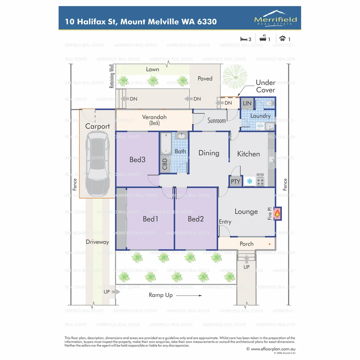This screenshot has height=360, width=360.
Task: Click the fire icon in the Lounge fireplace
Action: coord(277,213)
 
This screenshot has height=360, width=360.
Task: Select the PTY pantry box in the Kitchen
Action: coord(235,182)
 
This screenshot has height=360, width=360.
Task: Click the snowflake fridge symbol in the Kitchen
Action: coord(249,182)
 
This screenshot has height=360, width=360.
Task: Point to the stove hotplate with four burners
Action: coord(260,182)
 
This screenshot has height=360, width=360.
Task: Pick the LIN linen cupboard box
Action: coord(247,103)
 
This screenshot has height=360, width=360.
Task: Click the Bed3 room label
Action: coord(137,160)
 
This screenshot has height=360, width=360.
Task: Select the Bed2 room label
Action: coord(196,219)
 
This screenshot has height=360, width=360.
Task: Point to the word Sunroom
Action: coord(217,120)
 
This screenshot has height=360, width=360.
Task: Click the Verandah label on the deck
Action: coord(154,117)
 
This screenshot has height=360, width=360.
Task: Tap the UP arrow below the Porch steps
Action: coord(246,259)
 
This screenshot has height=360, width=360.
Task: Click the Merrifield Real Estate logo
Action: coord(275,18)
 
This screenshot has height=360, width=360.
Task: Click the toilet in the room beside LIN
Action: coord(269,104)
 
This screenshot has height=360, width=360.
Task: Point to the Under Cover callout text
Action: coord(265,86)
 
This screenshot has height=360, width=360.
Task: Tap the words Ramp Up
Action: coord(161,295)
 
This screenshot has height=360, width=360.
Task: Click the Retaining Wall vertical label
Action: coord(112,76)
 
